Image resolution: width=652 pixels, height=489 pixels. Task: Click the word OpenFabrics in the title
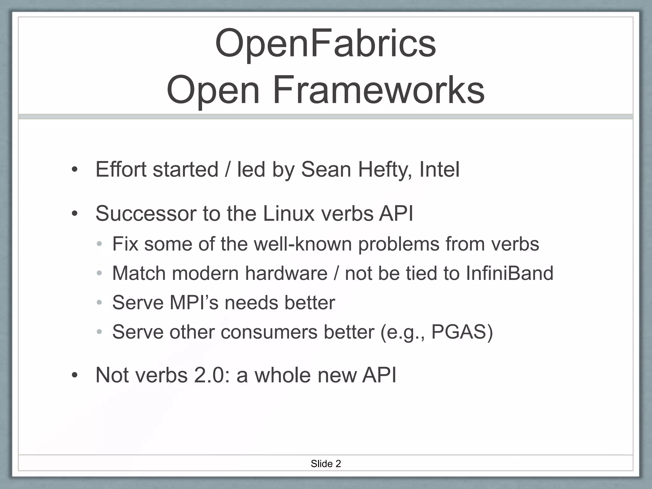tap(325, 44)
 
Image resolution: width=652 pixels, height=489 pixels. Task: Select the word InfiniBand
tap(509, 273)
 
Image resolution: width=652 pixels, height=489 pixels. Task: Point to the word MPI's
tap(194, 302)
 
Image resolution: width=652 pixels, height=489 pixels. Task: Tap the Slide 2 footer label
tap(326, 464)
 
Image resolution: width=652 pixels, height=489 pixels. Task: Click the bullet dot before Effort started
tap(74, 170)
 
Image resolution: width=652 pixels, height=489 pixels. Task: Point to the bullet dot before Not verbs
tap(74, 375)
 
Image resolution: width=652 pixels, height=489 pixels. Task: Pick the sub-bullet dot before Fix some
tap(99, 244)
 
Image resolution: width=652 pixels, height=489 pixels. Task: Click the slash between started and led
tap(227, 169)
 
